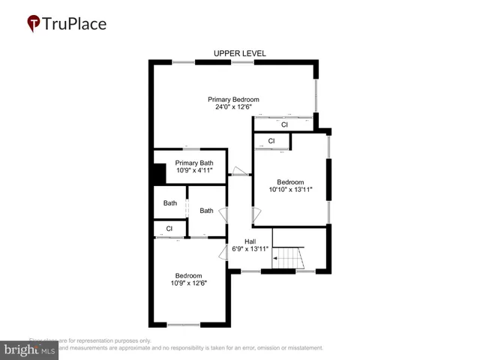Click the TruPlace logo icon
(x=34, y=24)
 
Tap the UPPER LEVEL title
(x=240, y=53)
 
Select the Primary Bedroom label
(x=233, y=99)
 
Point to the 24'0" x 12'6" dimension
(x=233, y=106)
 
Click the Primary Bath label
(x=195, y=163)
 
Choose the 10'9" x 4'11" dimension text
(x=195, y=170)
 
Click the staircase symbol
(x=288, y=260)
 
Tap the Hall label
(x=240, y=241)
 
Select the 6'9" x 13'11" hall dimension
(x=249, y=248)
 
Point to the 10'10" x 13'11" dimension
(x=290, y=189)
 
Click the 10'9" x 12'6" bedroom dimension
(x=189, y=283)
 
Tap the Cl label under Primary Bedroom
(x=284, y=124)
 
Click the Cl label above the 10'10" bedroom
(x=271, y=141)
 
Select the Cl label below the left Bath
(x=169, y=228)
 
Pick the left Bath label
(x=170, y=203)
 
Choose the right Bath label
(x=206, y=211)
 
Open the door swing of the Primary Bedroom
(x=239, y=171)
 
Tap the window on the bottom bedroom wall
(x=184, y=324)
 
